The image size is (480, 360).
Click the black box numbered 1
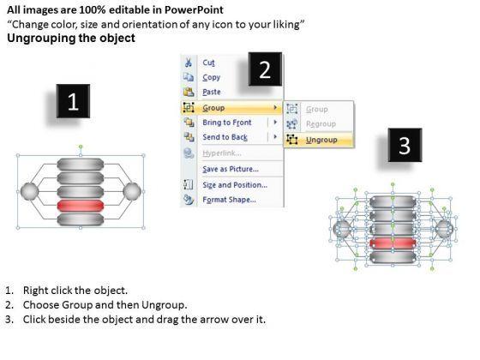coord(73,101)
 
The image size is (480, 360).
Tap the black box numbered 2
coord(265,69)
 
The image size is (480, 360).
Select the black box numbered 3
coord(405,145)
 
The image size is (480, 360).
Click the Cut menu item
coord(208,63)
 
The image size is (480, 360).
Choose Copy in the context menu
coord(211,77)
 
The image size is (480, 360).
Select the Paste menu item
coord(212,92)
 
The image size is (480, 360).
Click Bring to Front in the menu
coord(227,123)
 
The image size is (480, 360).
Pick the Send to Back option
coord(225,137)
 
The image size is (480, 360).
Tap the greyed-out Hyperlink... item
coord(222,153)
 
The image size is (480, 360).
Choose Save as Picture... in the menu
coord(231,169)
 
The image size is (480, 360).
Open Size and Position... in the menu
coord(235,185)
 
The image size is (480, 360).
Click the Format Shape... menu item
coord(229,200)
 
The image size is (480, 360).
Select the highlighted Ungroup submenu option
coord(321,140)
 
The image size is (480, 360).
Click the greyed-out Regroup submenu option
coord(321,124)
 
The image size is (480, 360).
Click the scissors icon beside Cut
coord(188,63)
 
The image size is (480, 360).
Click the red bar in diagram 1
coord(81,206)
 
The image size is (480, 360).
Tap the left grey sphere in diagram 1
coord(29,192)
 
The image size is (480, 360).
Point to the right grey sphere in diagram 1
coord(132,192)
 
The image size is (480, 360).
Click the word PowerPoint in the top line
coord(194,10)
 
